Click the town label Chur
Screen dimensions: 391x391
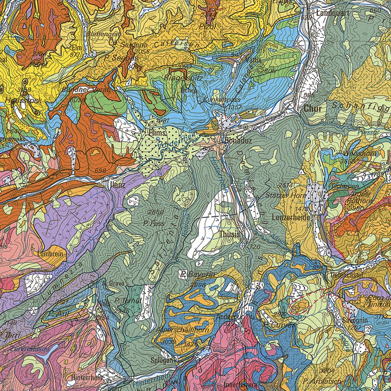pos(313,109)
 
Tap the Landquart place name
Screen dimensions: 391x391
pos(331,13)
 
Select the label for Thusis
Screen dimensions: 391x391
pos(230,234)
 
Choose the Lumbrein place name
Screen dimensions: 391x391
pos(50,253)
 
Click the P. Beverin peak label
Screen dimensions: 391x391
pos(198,275)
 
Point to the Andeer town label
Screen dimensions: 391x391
pos(225,317)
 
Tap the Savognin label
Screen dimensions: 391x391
pos(355,320)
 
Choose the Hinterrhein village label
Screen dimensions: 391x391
pos(86,377)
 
